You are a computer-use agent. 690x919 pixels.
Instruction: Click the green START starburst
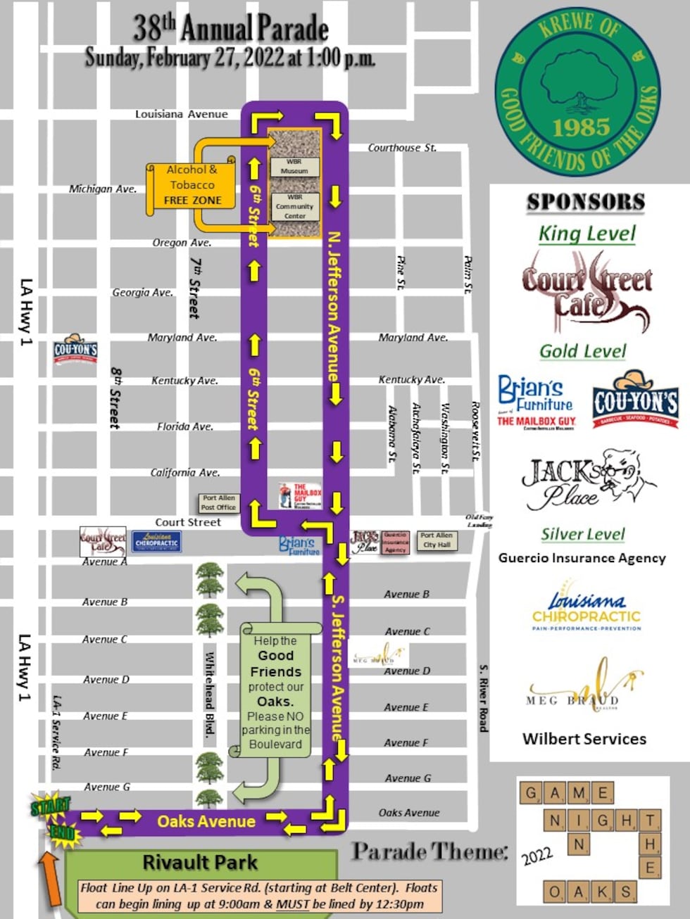(x=50, y=806)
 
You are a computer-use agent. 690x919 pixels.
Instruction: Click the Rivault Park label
(x=200, y=862)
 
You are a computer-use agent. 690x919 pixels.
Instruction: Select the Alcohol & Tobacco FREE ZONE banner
(x=192, y=186)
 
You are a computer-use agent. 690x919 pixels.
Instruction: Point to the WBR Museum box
(x=294, y=166)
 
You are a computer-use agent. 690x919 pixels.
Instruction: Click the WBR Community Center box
(x=295, y=207)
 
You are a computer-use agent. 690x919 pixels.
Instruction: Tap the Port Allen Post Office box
(x=218, y=502)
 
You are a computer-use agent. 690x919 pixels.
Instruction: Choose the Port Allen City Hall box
(x=437, y=540)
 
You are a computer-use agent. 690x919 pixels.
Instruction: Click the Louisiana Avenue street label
(x=181, y=114)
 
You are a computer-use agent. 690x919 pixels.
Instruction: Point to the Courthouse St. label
(x=402, y=148)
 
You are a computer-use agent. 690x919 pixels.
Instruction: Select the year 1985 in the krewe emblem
(x=581, y=127)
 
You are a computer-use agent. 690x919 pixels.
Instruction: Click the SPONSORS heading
(x=586, y=202)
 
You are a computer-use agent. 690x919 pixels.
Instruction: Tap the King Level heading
(x=587, y=234)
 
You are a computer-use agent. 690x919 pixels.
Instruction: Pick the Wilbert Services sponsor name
(x=584, y=739)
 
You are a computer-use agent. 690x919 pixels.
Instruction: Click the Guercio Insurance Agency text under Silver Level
(x=582, y=558)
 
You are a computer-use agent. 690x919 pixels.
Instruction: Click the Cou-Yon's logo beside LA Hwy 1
(x=76, y=350)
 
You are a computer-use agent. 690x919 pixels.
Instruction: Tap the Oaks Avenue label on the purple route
(x=206, y=821)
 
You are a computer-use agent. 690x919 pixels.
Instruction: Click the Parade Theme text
(x=429, y=852)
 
